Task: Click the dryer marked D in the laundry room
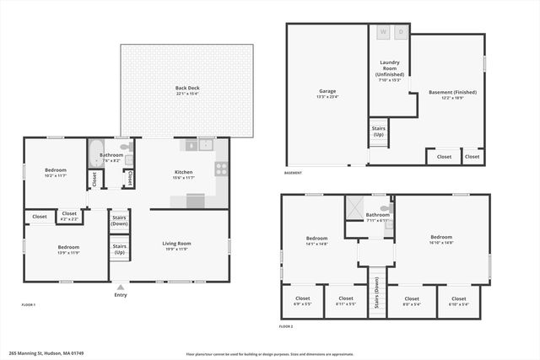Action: pyautogui.click(x=402, y=33)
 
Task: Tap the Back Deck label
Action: pyautogui.click(x=186, y=89)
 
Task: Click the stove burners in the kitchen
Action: pyautogui.click(x=222, y=166)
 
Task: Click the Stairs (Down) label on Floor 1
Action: pyautogui.click(x=119, y=221)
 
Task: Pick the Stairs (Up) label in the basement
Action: pyautogui.click(x=378, y=132)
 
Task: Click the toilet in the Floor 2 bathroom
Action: pyautogui.click(x=386, y=207)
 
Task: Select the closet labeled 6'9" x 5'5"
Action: pyautogui.click(x=301, y=304)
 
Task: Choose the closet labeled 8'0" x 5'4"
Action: pyautogui.click(x=411, y=304)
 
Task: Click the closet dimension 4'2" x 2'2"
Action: pyautogui.click(x=69, y=218)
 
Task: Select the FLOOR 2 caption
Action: pyautogui.click(x=286, y=325)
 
